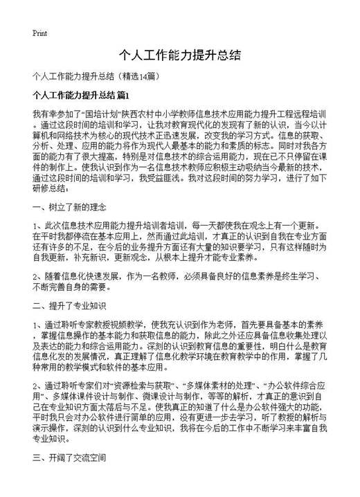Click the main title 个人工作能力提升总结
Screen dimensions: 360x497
click(180, 54)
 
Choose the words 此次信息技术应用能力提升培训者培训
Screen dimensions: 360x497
click(120, 225)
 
